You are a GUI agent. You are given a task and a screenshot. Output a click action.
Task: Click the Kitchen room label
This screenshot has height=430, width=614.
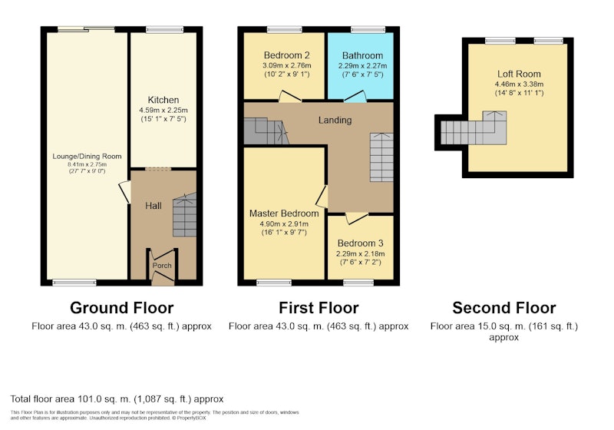point(163,100)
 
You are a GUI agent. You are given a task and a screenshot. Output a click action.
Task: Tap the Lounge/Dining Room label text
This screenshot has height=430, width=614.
point(87,156)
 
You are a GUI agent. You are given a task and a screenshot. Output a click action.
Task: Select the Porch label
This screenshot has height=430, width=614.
point(162,266)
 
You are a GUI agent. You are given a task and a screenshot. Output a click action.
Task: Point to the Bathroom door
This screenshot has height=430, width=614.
point(355,96)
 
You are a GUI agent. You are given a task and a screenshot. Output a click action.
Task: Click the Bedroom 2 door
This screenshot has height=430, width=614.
point(289,96)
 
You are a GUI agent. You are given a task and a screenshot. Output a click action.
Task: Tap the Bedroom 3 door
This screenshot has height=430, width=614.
point(357,218)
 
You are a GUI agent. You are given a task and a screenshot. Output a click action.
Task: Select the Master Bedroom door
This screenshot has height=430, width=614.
point(322,197)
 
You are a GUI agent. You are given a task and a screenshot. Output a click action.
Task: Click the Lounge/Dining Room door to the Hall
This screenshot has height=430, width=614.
point(125,192)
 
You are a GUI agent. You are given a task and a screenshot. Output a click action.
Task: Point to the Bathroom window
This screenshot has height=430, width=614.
point(368,29)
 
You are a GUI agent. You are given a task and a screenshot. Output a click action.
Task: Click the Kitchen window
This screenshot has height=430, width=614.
point(164,29)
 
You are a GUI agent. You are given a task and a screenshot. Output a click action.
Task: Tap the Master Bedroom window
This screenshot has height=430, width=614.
point(274,283)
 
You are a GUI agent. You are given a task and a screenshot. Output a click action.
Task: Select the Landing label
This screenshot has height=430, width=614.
point(335,121)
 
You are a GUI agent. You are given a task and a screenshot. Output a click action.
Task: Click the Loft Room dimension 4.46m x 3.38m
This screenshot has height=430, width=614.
point(520,84)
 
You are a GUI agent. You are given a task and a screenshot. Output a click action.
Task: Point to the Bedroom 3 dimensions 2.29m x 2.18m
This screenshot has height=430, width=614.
point(360,253)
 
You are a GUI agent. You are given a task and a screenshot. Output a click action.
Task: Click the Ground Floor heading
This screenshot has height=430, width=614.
point(122,308)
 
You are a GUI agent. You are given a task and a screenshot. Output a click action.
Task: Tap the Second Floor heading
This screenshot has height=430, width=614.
point(504,308)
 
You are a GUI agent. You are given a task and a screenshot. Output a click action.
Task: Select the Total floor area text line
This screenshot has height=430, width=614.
point(117,399)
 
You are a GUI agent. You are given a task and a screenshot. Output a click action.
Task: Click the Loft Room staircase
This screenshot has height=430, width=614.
point(474,128)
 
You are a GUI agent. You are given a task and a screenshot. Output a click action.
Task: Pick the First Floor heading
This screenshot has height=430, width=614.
point(319,308)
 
